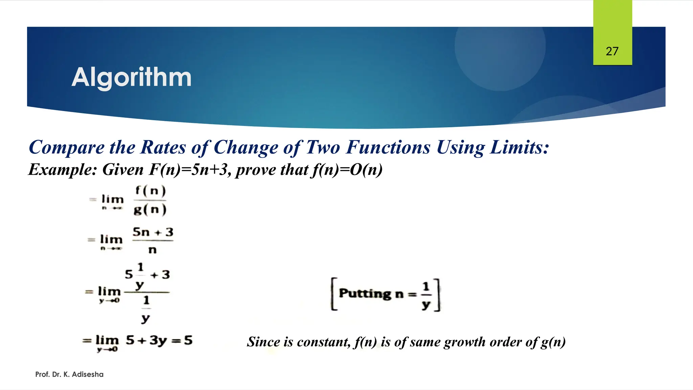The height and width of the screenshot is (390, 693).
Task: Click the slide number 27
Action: click(x=612, y=51)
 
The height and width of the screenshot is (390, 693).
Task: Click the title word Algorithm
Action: click(x=132, y=78)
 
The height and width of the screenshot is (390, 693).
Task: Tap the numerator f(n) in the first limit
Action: click(x=151, y=191)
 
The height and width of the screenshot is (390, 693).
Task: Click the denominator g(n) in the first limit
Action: click(x=150, y=210)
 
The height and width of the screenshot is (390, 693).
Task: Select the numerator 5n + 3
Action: click(x=153, y=232)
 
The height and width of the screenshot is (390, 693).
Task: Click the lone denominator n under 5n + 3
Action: click(x=153, y=250)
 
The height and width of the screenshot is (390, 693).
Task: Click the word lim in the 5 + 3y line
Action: click(x=107, y=340)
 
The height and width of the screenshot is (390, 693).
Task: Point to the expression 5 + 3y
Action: click(x=147, y=340)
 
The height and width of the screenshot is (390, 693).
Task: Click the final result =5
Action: click(x=183, y=340)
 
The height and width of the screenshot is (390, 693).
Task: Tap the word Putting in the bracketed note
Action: click(x=365, y=293)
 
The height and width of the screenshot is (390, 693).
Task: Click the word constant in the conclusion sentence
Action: click(x=323, y=342)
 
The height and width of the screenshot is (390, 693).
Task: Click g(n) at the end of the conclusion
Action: click(x=553, y=342)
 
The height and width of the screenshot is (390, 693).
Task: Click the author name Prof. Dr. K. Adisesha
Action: click(x=69, y=374)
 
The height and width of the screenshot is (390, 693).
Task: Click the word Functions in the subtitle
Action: click(x=388, y=147)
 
